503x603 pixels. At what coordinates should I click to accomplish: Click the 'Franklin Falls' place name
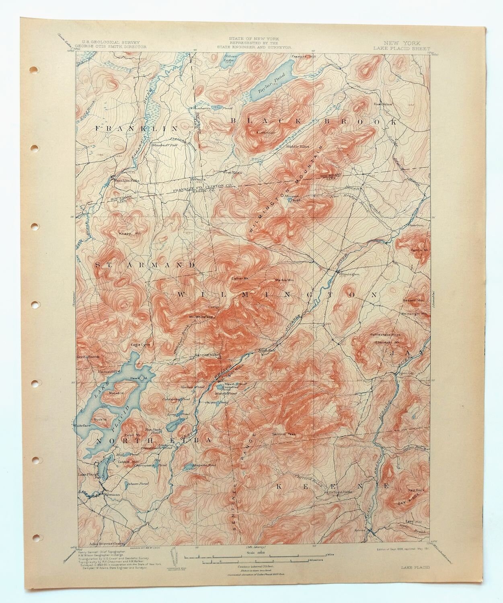coord(126,181)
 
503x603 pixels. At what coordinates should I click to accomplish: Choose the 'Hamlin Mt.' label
coord(417,250)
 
